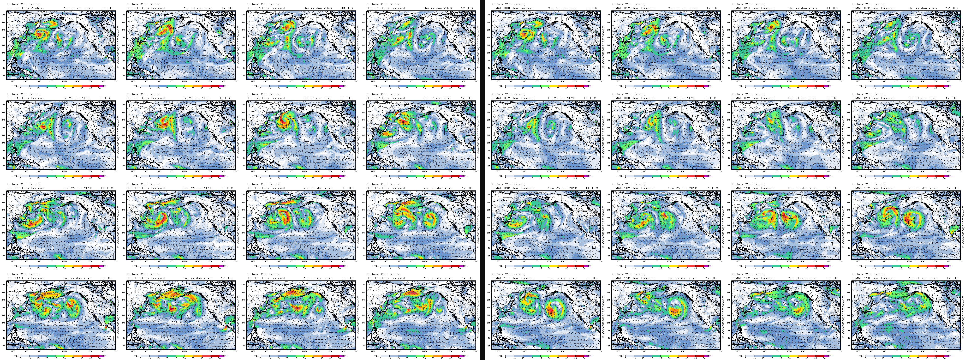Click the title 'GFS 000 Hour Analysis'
[25, 8]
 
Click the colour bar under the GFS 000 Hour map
[60, 86]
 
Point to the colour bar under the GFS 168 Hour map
[300, 356]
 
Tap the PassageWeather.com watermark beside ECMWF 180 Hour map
[963, 315]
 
